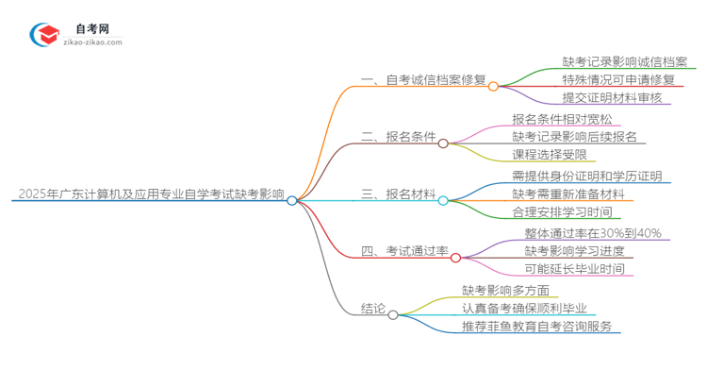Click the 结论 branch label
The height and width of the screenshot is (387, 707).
373,308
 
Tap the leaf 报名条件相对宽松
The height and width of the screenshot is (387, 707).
562,119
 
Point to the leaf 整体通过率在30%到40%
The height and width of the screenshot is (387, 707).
593,233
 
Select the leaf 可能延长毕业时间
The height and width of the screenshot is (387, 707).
574,269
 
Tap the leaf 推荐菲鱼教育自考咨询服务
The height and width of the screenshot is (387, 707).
536,327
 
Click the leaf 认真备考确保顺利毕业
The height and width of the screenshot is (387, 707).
524,308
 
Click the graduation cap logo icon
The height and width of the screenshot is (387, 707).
46,34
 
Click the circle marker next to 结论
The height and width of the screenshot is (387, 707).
393,314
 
